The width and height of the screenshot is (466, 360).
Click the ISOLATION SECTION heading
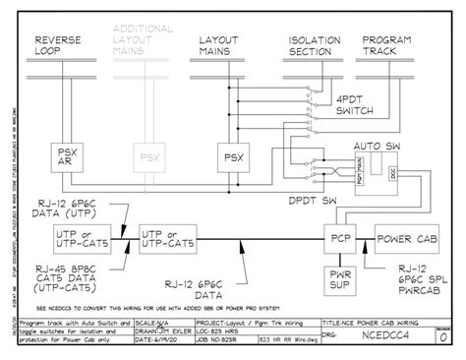coord(313,41)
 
